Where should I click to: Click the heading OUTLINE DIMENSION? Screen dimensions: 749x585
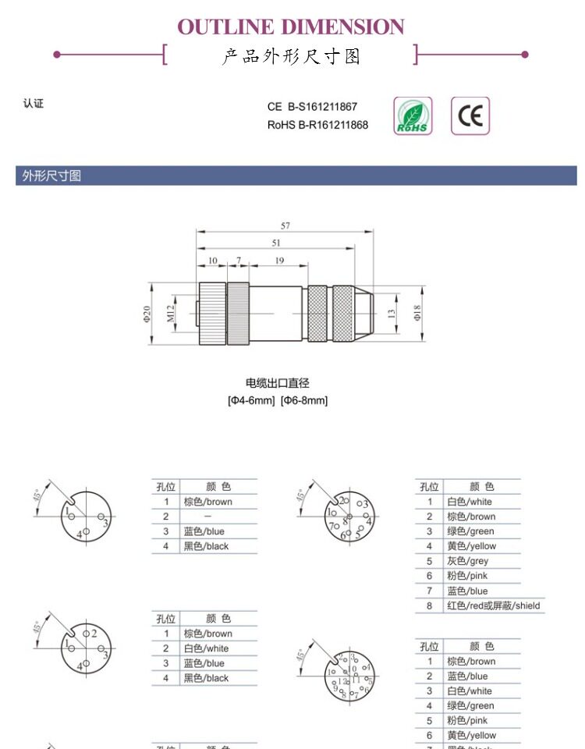[x=291, y=27]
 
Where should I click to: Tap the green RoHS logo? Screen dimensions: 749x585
[x=413, y=116]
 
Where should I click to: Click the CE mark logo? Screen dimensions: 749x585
[x=470, y=116]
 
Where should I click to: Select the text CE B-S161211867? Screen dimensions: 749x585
[x=312, y=107]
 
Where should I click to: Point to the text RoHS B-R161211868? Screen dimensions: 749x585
[x=317, y=125]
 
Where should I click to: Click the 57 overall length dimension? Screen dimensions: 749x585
[x=285, y=225]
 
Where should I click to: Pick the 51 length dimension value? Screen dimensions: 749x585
[x=276, y=243]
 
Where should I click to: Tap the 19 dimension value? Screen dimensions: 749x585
[x=279, y=261]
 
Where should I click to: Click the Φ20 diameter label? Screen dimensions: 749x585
[x=147, y=314]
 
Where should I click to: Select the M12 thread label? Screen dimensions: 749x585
[x=171, y=314]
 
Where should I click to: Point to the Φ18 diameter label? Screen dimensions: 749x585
[x=417, y=313]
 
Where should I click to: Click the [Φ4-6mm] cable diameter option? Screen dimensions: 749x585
[x=251, y=400]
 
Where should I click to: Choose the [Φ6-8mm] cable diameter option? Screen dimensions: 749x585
[x=304, y=400]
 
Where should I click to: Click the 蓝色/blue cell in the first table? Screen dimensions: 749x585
[x=204, y=531]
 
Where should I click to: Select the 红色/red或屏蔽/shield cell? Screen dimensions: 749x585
[x=493, y=605]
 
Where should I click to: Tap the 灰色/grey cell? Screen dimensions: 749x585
[x=467, y=561]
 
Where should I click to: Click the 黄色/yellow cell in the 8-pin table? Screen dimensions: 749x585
[x=471, y=546]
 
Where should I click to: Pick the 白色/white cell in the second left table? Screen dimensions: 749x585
[x=206, y=648]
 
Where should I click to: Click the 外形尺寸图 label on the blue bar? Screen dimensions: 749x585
[x=51, y=176]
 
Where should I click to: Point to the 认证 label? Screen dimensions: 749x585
[x=34, y=104]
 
